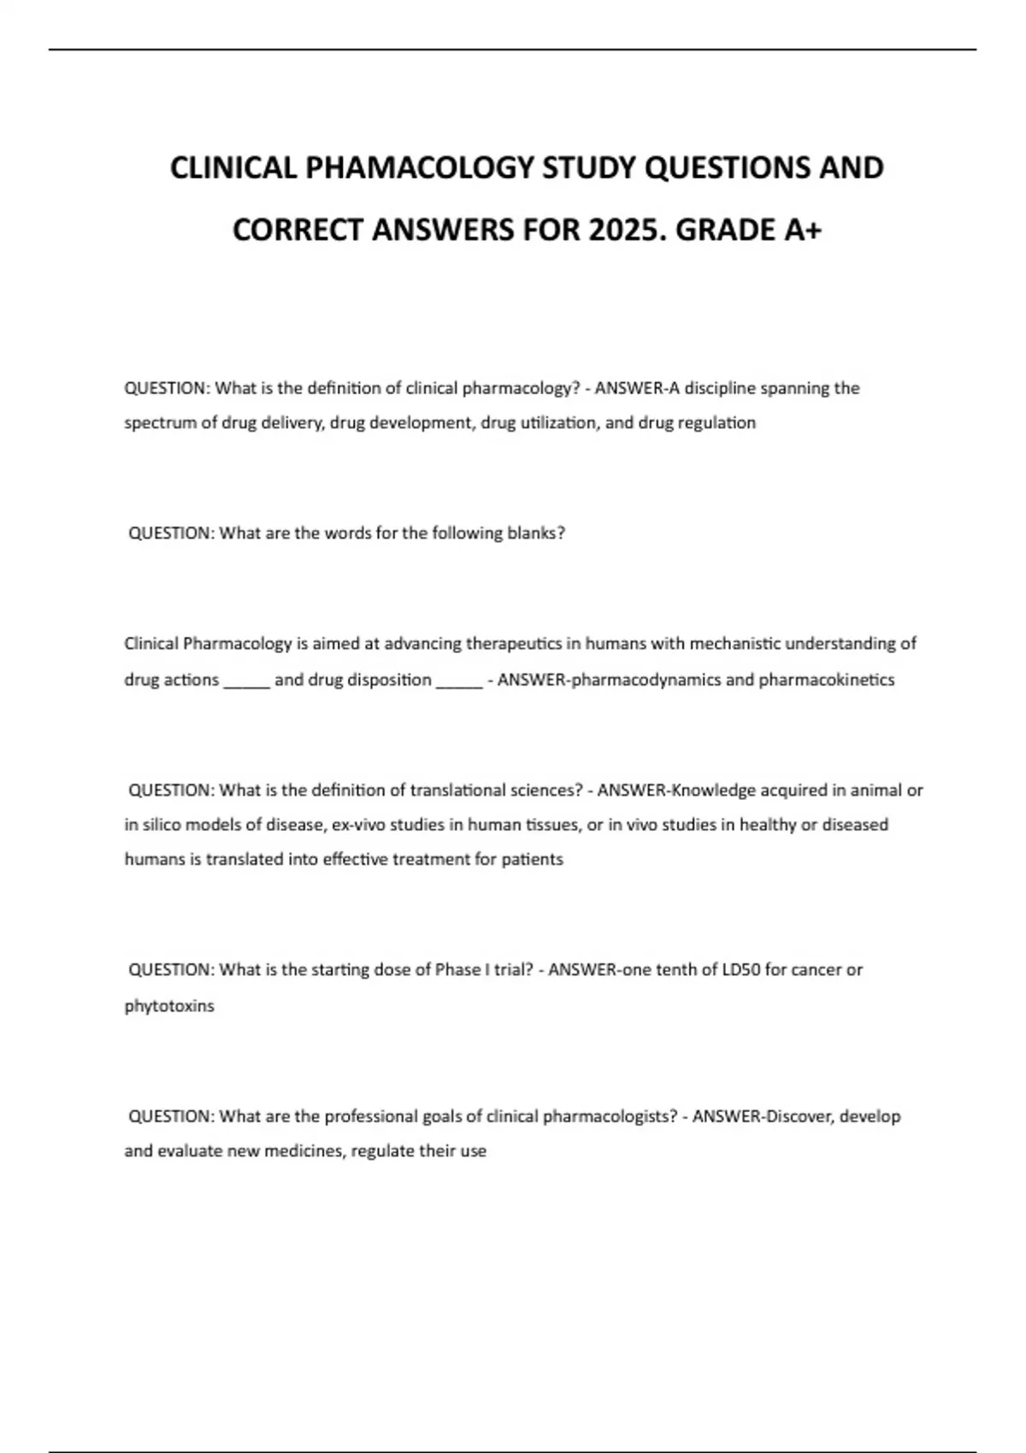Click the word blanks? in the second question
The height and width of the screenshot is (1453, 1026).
536,533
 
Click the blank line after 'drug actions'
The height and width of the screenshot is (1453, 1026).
247,681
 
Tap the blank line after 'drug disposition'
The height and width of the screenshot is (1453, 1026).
459,681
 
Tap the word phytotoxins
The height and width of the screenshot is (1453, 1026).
169,1006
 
